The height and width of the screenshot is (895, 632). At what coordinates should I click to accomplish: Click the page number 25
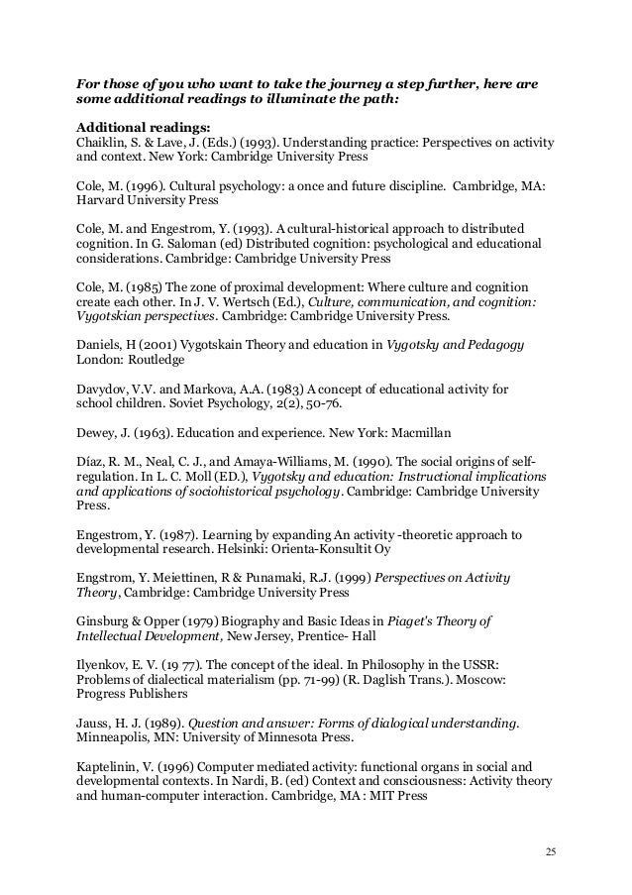[552, 850]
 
